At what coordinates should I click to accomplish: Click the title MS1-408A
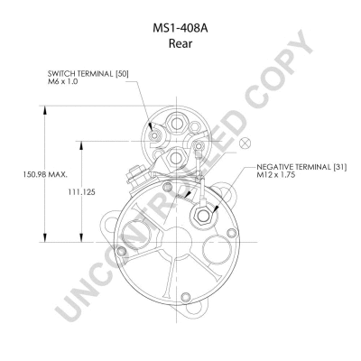click(x=180, y=29)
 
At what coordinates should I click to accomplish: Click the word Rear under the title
click(x=180, y=44)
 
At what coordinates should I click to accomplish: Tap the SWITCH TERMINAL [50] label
click(x=88, y=74)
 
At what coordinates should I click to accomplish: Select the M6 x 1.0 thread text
click(x=62, y=81)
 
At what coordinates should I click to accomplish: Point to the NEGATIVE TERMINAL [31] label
click(x=301, y=167)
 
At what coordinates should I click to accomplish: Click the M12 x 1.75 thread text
click(x=275, y=175)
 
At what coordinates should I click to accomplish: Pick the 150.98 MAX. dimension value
click(x=45, y=174)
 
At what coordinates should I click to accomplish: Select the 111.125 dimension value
click(x=81, y=192)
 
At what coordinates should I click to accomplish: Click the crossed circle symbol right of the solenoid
click(x=245, y=143)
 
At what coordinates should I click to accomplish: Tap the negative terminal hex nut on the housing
click(x=202, y=216)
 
